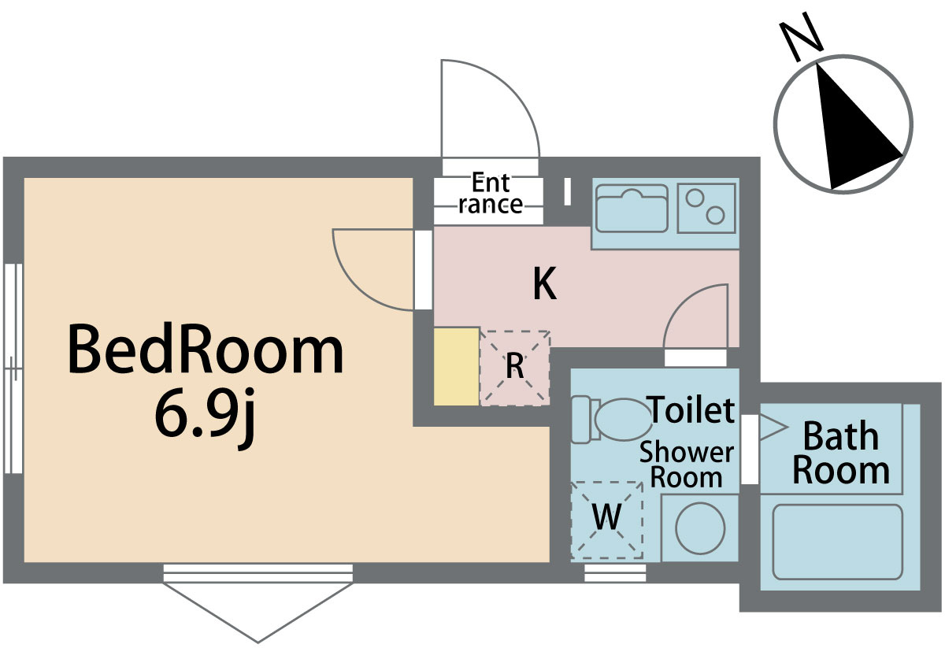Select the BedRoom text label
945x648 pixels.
[206, 352]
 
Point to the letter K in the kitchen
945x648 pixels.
[544, 284]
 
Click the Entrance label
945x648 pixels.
[490, 194]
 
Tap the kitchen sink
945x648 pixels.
[632, 208]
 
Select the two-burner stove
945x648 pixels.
[706, 207]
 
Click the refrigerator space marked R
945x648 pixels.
[514, 367]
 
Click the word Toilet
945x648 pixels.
[691, 410]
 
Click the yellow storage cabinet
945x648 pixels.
[456, 366]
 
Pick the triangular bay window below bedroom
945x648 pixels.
[258, 606]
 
